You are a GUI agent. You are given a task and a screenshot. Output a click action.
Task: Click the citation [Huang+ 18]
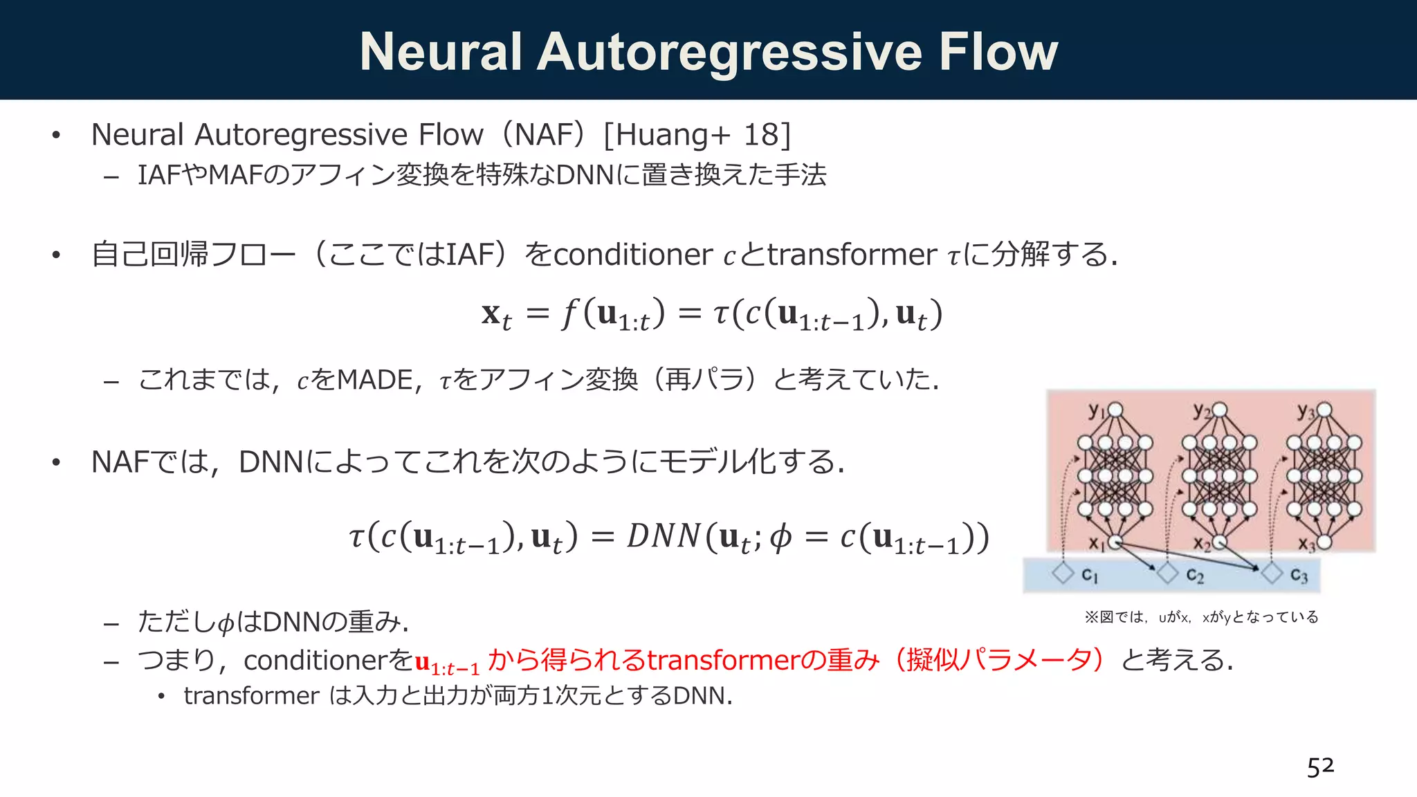[697, 135]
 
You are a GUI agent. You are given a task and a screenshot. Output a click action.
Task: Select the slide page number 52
[1320, 767]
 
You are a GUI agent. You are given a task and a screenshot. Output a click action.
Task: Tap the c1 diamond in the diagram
[1063, 574]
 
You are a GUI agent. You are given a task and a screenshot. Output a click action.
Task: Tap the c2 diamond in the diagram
[1167, 574]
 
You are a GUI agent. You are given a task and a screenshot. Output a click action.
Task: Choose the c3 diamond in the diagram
[1272, 574]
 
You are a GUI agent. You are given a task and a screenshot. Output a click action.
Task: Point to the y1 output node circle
[1115, 410]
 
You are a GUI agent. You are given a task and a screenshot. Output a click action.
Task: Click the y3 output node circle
[1324, 410]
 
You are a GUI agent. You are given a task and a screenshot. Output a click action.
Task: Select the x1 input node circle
[1115, 542]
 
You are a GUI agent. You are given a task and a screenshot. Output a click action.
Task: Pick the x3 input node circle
[1324, 542]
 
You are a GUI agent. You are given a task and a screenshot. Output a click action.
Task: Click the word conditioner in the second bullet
[632, 255]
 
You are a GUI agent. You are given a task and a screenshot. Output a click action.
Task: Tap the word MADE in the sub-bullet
[374, 380]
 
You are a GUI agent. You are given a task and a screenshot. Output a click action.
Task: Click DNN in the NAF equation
[664, 537]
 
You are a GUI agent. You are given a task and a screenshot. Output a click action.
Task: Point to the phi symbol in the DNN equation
[780, 538]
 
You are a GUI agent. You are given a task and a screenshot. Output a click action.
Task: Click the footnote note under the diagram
[1201, 617]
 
